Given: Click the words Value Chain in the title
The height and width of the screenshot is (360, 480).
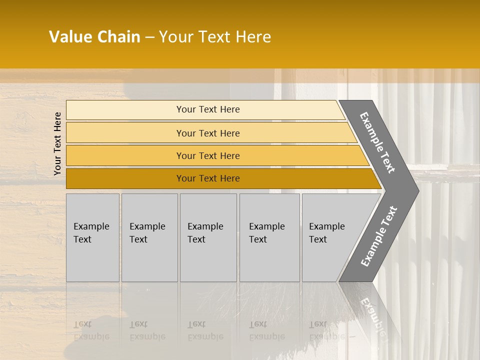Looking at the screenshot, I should (x=94, y=37).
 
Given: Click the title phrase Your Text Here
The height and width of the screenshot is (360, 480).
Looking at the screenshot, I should (x=215, y=37).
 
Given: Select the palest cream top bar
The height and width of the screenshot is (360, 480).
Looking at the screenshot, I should (x=125, y=110).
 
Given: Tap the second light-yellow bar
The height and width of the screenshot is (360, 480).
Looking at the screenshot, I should (x=125, y=133).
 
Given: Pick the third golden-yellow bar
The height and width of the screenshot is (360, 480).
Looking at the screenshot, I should (x=125, y=155).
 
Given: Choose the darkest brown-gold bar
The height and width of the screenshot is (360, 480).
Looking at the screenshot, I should (x=125, y=178).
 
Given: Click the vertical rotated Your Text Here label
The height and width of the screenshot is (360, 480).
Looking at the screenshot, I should (x=57, y=143).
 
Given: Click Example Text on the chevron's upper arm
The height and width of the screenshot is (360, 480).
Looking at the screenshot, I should (x=377, y=142).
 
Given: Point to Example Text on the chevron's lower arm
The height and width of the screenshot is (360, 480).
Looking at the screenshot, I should (x=378, y=236).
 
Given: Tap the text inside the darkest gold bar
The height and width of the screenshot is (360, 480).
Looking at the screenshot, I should (x=208, y=178).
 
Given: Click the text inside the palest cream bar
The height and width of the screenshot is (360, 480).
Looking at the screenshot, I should (x=208, y=109).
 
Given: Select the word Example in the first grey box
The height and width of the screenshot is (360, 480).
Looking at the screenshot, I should (x=91, y=226).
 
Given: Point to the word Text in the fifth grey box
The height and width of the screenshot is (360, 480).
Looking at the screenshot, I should (x=318, y=239).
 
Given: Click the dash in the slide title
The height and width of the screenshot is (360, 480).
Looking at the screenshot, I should (x=149, y=37).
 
